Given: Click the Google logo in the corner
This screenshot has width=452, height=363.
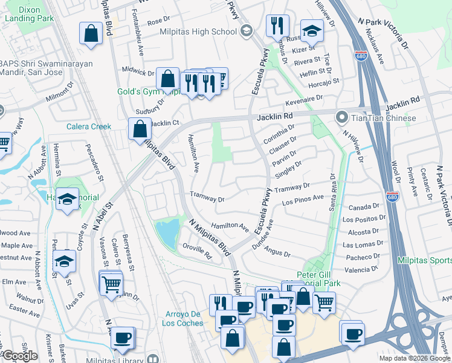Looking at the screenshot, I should (20, 356).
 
